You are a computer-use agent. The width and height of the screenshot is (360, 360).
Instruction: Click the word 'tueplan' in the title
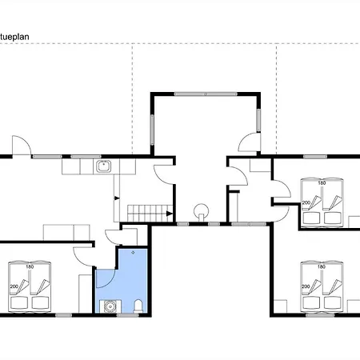[x=14, y=37]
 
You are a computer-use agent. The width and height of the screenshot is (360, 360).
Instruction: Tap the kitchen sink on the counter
[x=103, y=166]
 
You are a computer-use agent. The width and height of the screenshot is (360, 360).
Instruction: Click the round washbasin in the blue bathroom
[x=110, y=306]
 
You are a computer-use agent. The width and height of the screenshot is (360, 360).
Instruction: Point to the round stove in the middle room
[x=202, y=210]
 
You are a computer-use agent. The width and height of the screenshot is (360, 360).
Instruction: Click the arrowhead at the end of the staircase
[x=170, y=214]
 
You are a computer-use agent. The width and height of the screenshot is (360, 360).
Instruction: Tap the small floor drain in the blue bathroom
[x=133, y=253]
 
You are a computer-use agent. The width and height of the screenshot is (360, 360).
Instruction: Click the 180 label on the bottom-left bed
[x=30, y=266]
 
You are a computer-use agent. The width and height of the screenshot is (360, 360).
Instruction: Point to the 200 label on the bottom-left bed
[x=14, y=286]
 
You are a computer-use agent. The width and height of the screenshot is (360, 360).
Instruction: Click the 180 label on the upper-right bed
[x=322, y=183]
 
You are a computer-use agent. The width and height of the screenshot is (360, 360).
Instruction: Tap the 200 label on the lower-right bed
[x=306, y=286]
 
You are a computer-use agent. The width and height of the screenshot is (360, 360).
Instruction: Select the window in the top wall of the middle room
[x=206, y=94]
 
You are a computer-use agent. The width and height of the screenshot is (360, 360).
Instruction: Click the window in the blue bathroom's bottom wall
[x=127, y=315]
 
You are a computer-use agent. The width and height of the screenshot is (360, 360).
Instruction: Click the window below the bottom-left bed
[x=63, y=315]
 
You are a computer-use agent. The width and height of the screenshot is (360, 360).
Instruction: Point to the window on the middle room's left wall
[x=152, y=130]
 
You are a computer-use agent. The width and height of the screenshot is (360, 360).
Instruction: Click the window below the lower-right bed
[x=320, y=315]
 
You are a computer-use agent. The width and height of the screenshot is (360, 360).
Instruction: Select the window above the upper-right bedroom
[x=315, y=157]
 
